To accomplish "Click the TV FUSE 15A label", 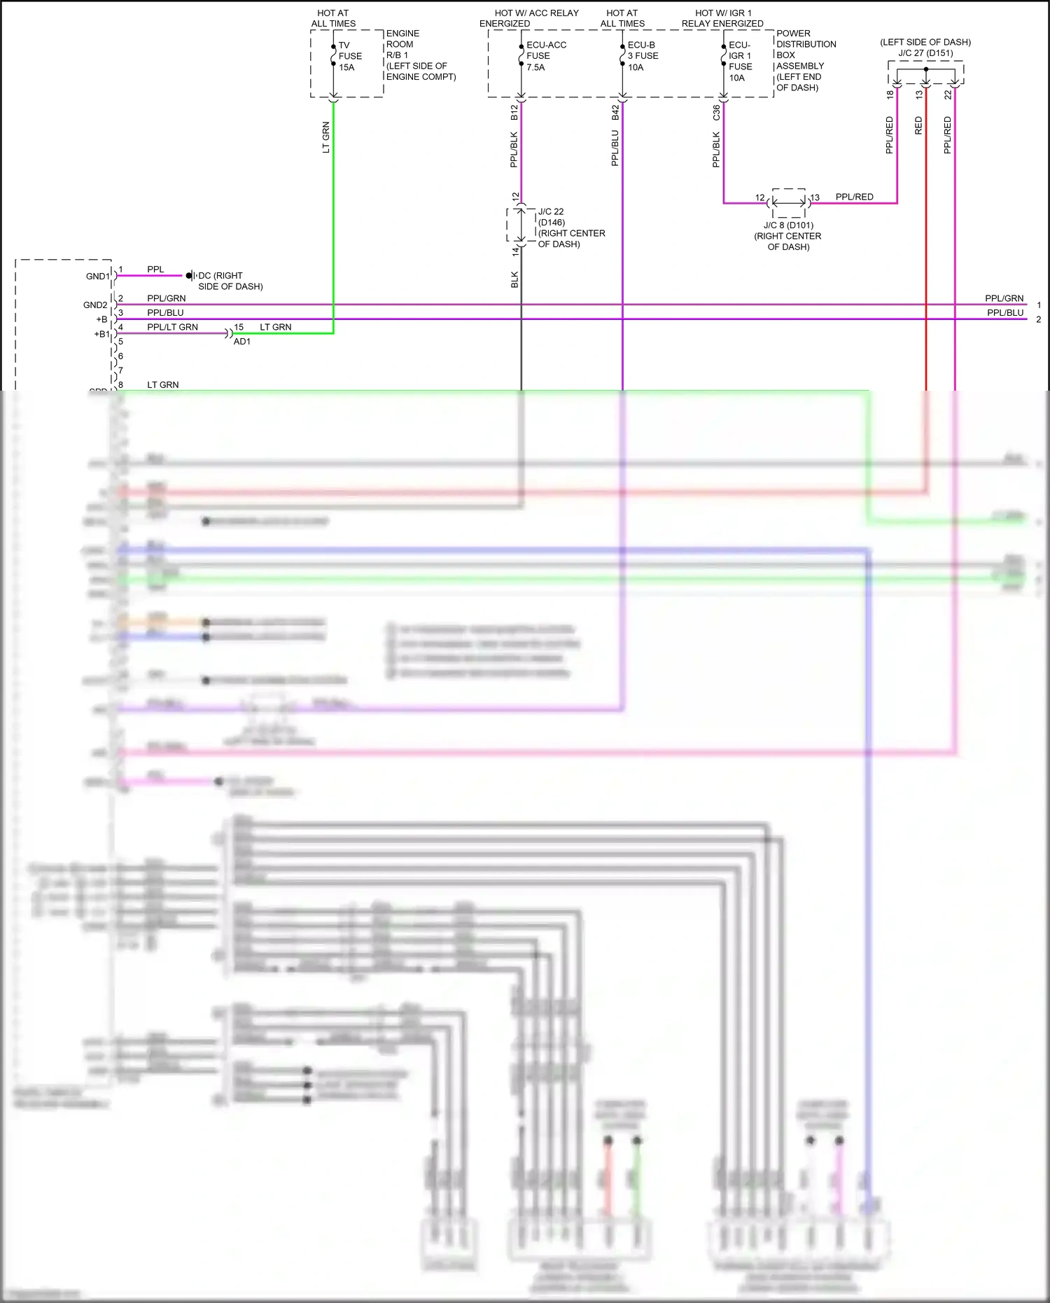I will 350,56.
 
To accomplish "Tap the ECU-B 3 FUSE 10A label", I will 642,56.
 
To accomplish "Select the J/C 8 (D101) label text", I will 788,225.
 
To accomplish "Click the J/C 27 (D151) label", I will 925,53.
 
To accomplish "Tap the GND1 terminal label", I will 97,276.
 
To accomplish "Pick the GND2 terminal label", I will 95,305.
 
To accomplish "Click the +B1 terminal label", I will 101,334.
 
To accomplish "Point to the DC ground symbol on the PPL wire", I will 189,276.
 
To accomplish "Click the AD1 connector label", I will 241,342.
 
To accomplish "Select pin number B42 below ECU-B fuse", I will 615,113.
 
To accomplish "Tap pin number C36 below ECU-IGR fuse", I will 716,113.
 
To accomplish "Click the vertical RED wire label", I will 918,126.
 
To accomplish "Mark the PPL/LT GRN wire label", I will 172,327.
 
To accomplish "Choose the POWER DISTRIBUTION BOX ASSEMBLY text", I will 806,60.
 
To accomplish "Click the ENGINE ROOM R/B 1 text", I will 420,55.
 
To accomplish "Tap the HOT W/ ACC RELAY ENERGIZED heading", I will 530,18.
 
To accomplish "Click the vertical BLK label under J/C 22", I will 514,279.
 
